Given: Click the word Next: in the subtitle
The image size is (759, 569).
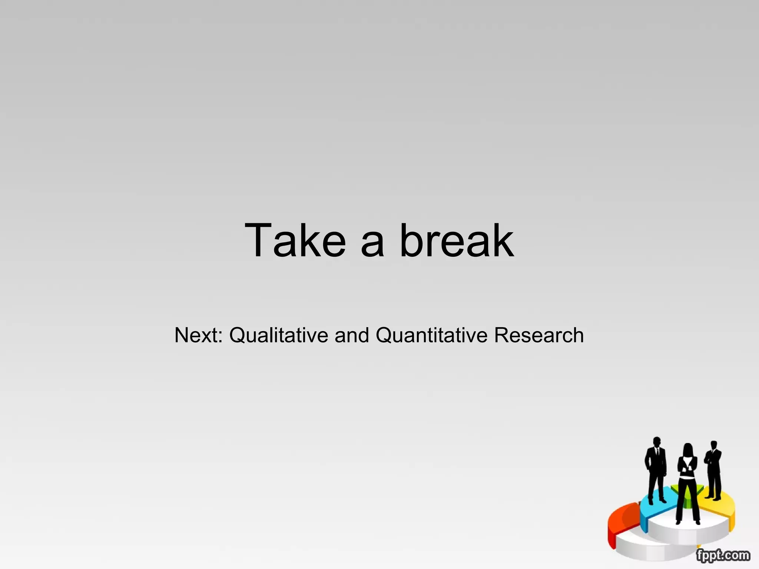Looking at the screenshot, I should coord(198,335).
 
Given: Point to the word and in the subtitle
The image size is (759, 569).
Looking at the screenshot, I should coord(352,335).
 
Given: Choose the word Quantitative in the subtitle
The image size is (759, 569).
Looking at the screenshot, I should coord(431,335).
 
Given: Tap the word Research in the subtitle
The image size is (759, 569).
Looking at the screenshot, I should coord(539,335).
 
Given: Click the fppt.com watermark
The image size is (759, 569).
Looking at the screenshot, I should coord(723,555).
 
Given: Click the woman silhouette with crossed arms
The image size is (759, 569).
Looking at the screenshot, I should coord(688,482).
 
